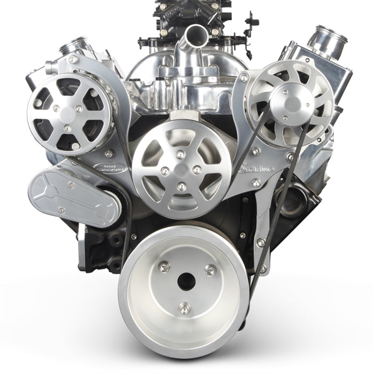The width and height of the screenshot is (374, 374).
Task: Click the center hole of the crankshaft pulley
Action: coord(186,281)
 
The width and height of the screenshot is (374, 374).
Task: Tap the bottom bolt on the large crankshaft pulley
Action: coord(185,308)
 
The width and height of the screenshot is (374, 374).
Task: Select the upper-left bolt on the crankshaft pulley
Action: coord(163,266)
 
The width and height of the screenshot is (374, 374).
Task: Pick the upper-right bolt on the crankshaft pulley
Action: coord(211,270)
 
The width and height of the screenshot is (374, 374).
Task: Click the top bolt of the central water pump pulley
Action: coord(181,154)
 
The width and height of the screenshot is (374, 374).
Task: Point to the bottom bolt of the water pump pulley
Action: coord(182,186)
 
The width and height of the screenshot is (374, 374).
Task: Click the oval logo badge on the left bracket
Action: coord(110,167)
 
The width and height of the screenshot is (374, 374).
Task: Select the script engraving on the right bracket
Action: coord(259,169)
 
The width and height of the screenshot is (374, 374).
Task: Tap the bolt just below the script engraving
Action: coord(257,184)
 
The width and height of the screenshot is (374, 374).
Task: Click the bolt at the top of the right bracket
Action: coord(244,79)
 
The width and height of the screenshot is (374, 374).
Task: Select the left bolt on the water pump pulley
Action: coord(165,171)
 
